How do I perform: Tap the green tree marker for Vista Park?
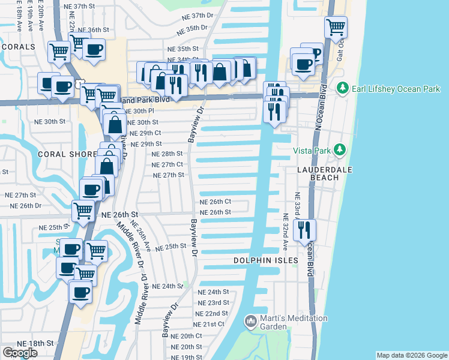pos(340,149)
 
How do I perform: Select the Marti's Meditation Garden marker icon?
pos(250,322)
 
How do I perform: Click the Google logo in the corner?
pos(20,353)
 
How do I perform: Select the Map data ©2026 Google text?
pos(412,355)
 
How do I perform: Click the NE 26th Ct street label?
pos(215,202)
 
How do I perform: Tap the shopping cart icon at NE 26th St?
pos(83,211)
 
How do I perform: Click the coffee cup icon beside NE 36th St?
pos(94,50)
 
